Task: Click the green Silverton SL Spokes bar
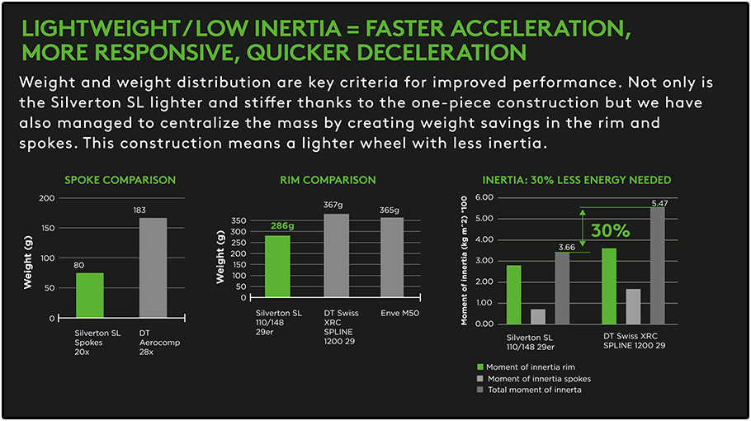click(90, 295)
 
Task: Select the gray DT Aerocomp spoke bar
click(153, 267)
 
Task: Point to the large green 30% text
click(610, 231)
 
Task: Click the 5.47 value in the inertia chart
click(659, 203)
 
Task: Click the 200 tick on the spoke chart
click(47, 198)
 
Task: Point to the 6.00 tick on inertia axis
click(484, 198)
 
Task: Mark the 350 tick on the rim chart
click(239, 221)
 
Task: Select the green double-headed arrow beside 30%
click(583, 227)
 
